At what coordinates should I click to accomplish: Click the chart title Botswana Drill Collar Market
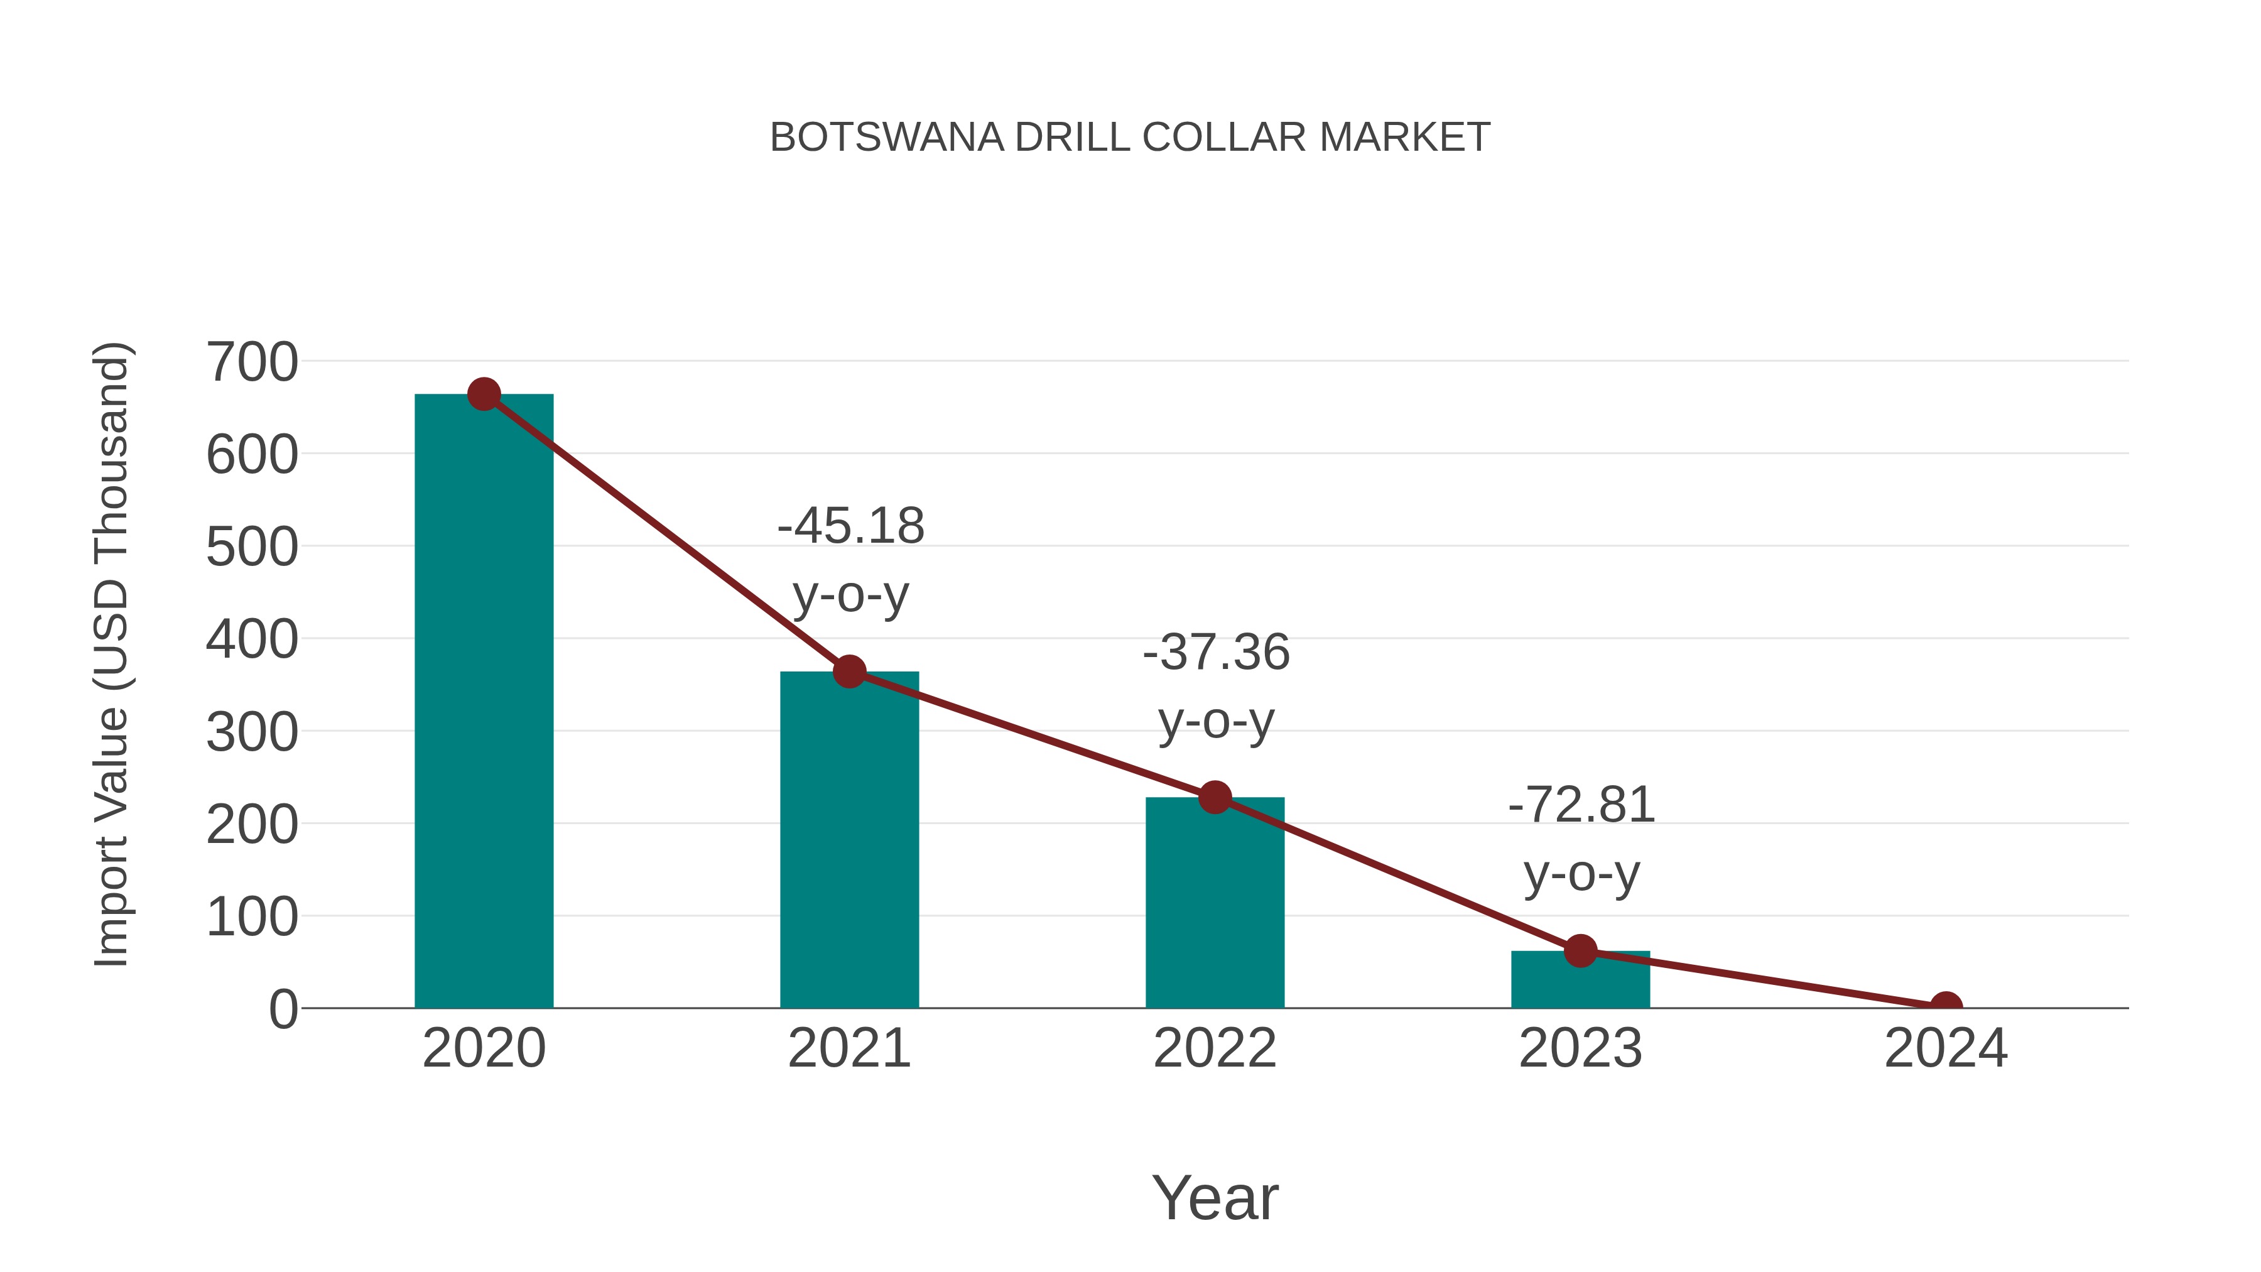click(x=1130, y=138)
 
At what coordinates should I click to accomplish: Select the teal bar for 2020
click(x=484, y=702)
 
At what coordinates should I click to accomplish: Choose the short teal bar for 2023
click(x=1580, y=981)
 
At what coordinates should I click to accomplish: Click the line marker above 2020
click(x=484, y=394)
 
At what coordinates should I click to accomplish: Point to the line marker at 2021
click(x=849, y=671)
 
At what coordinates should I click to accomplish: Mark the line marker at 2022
click(x=1215, y=797)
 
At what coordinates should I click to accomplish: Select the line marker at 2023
click(x=1580, y=951)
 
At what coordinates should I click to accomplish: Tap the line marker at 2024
click(x=1946, y=1006)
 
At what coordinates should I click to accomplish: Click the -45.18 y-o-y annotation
click(x=850, y=560)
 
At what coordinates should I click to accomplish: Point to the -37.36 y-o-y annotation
click(x=1216, y=687)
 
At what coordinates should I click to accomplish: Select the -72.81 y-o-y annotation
click(x=1581, y=839)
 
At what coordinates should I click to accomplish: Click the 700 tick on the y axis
click(x=252, y=362)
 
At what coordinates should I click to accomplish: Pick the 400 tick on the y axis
click(x=252, y=640)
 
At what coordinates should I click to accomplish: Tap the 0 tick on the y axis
click(x=283, y=1009)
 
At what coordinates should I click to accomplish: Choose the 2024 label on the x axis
click(x=1946, y=1049)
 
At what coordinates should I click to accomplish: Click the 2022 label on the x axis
click(x=1215, y=1049)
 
